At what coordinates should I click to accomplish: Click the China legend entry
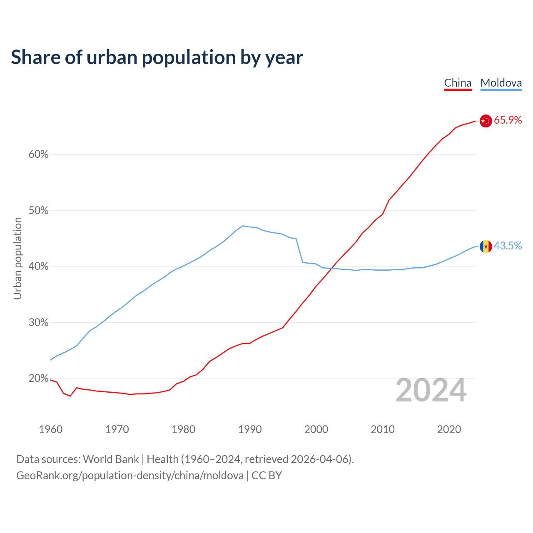tap(458, 83)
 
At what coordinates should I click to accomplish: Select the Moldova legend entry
tap(501, 83)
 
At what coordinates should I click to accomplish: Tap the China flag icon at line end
tap(486, 121)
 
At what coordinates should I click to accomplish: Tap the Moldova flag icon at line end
tap(486, 247)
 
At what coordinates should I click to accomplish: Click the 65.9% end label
tap(508, 120)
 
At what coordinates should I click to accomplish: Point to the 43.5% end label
tap(508, 246)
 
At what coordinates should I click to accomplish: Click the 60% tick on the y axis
tap(38, 154)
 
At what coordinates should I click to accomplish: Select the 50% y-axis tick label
tap(38, 211)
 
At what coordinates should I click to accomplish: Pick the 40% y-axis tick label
tap(38, 266)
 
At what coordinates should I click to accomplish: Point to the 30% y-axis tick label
tap(38, 323)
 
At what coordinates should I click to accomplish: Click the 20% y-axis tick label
tap(38, 379)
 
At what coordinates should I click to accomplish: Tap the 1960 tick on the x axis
tap(50, 429)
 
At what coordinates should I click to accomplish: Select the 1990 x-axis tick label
tap(250, 429)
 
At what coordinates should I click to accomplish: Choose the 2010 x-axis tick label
tap(383, 429)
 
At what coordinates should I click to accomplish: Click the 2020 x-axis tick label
tap(449, 429)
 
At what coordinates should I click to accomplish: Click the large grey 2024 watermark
tap(431, 391)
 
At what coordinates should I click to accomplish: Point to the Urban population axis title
tap(17, 258)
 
